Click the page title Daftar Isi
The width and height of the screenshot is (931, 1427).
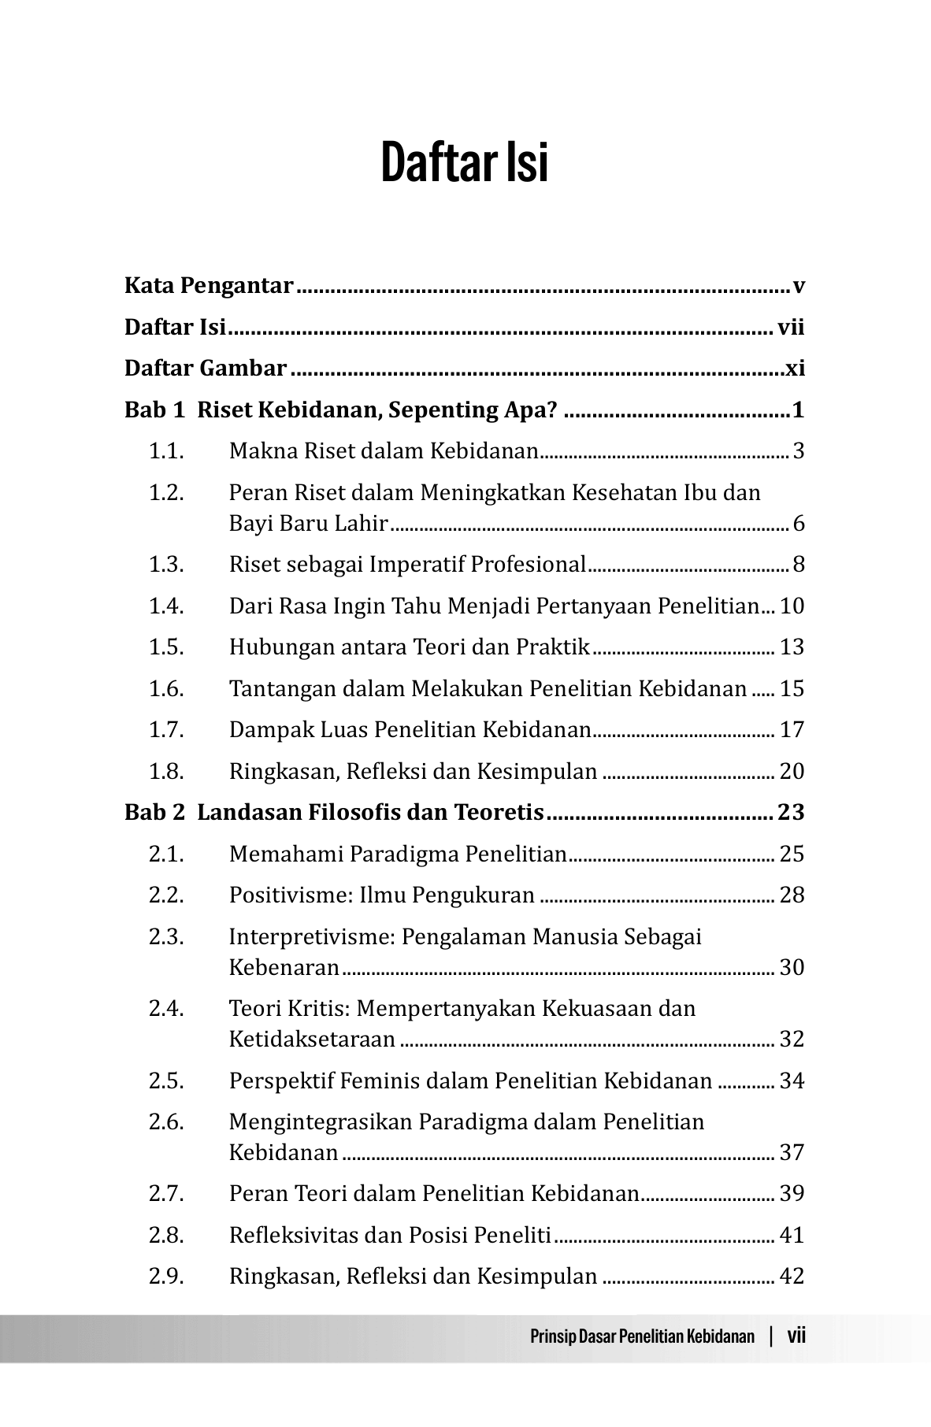pos(465,163)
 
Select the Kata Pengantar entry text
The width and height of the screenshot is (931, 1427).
pos(209,286)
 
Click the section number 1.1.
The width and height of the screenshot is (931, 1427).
pos(166,452)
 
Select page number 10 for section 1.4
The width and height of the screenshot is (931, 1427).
pos(792,606)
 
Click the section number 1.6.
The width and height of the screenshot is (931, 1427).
pos(166,689)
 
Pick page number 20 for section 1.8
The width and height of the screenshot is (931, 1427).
pos(792,772)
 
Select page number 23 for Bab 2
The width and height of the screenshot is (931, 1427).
pos(791,812)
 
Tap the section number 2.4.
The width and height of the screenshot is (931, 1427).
pos(166,1009)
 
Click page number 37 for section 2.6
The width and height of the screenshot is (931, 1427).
pos(792,1153)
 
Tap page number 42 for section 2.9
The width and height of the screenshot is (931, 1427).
pos(792,1276)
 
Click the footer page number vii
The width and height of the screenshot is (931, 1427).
pos(796,1336)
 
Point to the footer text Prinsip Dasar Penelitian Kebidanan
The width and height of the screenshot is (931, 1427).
pos(642,1336)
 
